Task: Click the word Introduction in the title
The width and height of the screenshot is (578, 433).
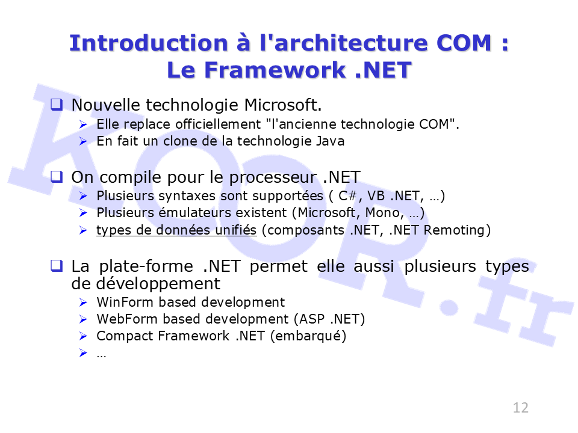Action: coord(149,43)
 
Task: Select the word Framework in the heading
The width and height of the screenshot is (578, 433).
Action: coord(275,70)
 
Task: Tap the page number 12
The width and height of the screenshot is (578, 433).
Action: coord(520,408)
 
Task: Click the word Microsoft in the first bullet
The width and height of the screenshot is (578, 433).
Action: coord(283,105)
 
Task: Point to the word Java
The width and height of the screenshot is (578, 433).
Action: coord(331,141)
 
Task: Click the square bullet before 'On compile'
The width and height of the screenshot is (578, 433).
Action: coord(57,177)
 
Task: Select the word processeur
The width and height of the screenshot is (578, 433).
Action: coord(273,178)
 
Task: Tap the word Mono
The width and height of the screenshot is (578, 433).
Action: coord(385,212)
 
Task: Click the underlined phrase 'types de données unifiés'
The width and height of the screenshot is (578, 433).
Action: coord(176,230)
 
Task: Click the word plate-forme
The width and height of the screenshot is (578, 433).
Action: coord(146,266)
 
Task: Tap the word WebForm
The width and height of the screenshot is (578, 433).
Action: coord(127,319)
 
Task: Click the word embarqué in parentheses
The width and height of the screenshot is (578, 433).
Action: coord(308,336)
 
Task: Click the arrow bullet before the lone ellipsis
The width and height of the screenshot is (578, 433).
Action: coord(83,353)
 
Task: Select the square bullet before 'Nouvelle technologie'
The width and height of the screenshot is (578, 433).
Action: coord(57,105)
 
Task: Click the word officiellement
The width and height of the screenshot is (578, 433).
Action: coord(218,124)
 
